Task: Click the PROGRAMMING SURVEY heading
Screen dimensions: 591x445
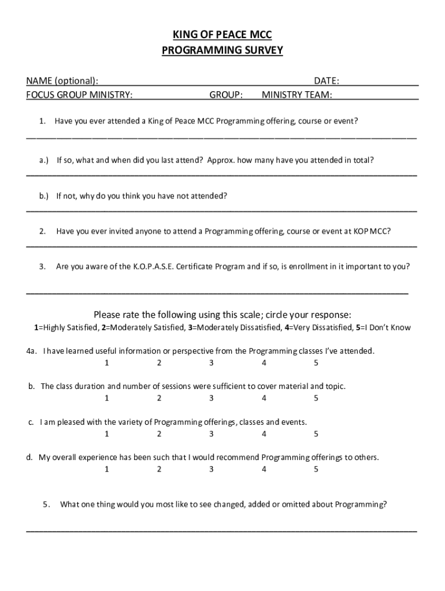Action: pyautogui.click(x=222, y=51)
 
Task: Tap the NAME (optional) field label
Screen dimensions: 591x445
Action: pyautogui.click(x=62, y=80)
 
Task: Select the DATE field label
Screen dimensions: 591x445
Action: pyautogui.click(x=326, y=80)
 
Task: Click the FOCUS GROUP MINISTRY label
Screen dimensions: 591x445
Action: pyautogui.click(x=79, y=94)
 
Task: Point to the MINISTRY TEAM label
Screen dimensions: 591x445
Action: pyautogui.click(x=297, y=94)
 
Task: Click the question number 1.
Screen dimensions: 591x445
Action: pyautogui.click(x=42, y=121)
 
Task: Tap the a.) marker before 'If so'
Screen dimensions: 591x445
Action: pyautogui.click(x=44, y=160)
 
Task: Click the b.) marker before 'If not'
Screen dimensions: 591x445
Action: pyautogui.click(x=44, y=196)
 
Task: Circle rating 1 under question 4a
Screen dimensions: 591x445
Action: pyautogui.click(x=106, y=363)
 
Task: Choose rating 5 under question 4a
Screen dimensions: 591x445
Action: pyautogui.click(x=316, y=363)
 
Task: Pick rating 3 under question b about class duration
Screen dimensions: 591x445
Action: pyautogui.click(x=212, y=398)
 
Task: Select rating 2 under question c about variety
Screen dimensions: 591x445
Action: pyautogui.click(x=159, y=434)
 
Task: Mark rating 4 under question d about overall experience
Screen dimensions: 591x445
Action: pyautogui.click(x=264, y=469)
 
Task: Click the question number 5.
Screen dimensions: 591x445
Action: pyautogui.click(x=46, y=504)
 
